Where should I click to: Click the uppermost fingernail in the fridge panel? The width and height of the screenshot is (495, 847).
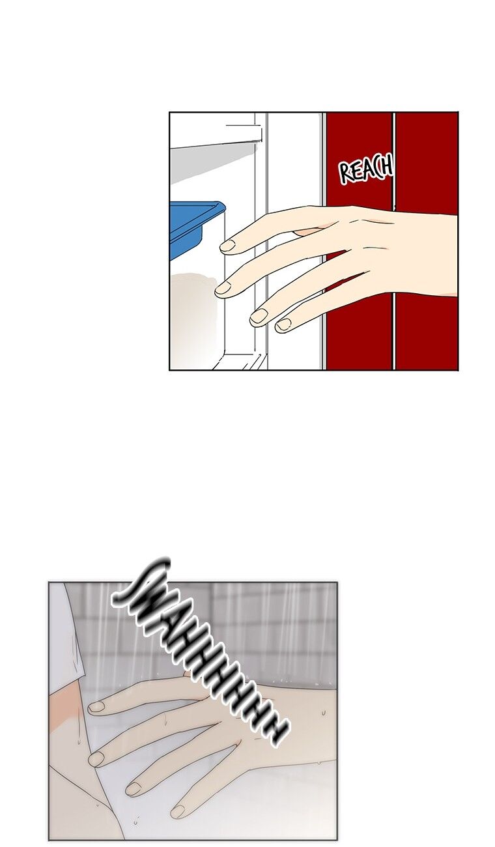tap(227, 246)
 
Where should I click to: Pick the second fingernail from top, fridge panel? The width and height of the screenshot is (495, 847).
tap(223, 289)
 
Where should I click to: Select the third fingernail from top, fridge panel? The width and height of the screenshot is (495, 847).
tap(259, 316)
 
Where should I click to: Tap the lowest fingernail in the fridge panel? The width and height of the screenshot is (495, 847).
tap(283, 324)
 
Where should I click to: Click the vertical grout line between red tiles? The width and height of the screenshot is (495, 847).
tap(393, 241)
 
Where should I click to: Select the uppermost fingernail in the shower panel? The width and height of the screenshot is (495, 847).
tap(97, 706)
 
